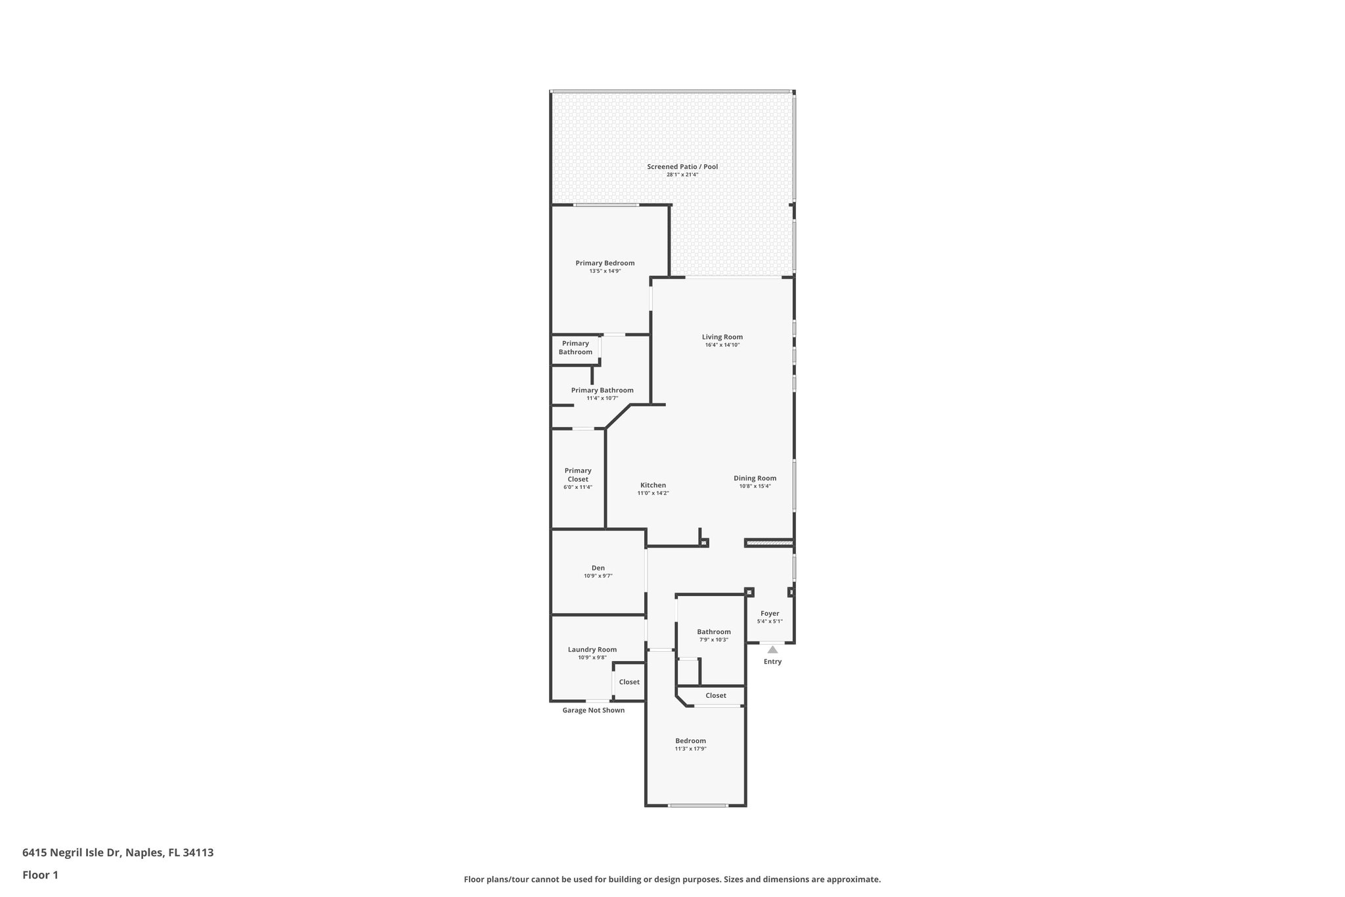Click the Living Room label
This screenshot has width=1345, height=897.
point(722,337)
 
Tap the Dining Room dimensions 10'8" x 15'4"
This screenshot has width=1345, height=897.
point(755,486)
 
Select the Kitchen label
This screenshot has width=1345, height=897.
point(653,486)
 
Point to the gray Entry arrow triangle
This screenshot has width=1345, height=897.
point(772,650)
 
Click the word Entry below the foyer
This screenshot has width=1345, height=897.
point(772,662)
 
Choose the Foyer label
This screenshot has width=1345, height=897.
point(770,614)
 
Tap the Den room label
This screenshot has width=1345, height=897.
point(598,568)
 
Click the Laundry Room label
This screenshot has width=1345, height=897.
point(592,649)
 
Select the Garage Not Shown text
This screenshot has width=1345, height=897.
point(593,710)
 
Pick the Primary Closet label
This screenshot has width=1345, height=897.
point(578,474)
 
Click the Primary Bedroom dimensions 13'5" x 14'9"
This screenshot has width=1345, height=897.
point(605,271)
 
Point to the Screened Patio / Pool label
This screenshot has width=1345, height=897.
point(682,167)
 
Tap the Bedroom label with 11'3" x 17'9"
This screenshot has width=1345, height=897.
point(690,741)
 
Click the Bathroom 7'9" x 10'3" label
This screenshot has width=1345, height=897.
point(713,632)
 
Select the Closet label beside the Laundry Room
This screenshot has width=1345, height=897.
point(628,682)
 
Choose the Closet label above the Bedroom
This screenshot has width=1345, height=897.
point(716,695)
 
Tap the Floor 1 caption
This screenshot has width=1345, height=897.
point(40,875)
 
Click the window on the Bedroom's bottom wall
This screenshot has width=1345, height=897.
point(698,806)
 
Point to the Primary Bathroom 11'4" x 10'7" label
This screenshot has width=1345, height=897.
point(602,390)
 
